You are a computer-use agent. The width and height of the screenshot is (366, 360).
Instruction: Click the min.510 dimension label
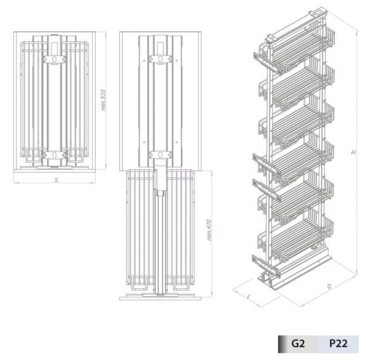(104, 100)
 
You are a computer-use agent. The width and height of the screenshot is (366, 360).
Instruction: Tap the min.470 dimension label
(209, 230)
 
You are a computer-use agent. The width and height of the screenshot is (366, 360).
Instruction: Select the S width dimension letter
(56, 180)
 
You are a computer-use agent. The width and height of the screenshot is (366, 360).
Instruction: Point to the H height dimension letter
(354, 152)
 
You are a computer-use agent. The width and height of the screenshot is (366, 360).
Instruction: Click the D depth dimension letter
(329, 286)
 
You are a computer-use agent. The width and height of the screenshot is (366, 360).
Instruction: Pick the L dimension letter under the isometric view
(249, 297)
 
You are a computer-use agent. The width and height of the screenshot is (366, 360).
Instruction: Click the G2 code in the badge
(298, 344)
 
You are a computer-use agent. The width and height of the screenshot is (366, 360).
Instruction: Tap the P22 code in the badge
(338, 344)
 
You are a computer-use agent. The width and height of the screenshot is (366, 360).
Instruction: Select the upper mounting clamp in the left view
(54, 59)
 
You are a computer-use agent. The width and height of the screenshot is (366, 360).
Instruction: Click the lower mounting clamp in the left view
(54, 155)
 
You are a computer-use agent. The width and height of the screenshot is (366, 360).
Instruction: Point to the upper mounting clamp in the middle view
(160, 59)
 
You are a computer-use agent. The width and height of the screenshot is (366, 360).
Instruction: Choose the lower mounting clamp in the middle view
(160, 154)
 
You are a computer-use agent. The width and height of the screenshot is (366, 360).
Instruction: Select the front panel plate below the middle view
(160, 298)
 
